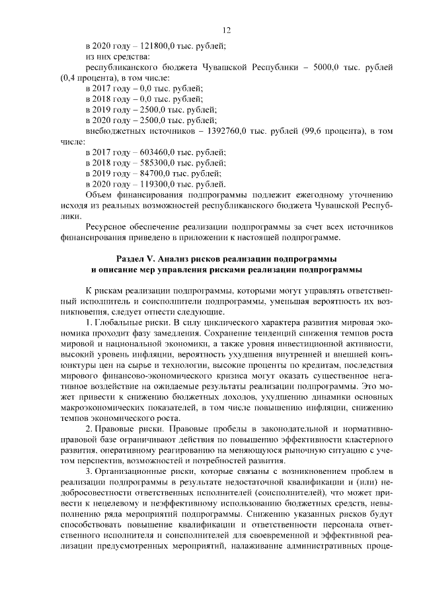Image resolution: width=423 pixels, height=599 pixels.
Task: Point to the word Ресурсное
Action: pos(108,226)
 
